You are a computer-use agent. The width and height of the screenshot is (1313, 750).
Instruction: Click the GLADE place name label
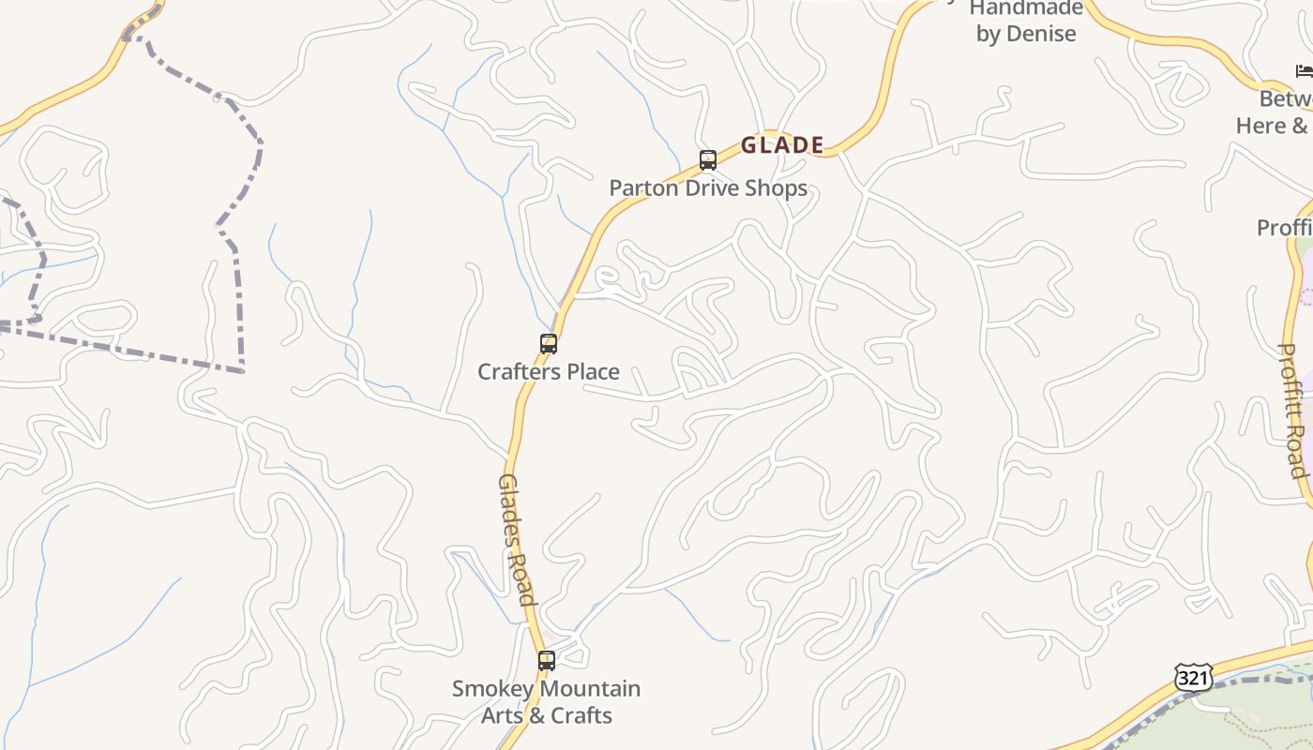tap(782, 145)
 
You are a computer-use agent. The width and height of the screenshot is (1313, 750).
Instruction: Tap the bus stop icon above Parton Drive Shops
tap(707, 160)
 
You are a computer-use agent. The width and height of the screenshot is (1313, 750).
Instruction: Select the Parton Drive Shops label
tap(708, 187)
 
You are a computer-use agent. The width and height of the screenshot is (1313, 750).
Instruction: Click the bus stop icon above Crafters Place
tap(549, 344)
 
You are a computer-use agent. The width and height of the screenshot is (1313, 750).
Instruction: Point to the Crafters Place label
tap(549, 371)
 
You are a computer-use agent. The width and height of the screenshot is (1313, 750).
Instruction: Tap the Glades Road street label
tap(516, 539)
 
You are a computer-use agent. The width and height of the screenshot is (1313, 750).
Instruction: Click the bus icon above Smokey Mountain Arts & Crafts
tap(547, 661)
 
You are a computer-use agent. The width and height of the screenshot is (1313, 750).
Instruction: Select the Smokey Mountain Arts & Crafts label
tap(547, 701)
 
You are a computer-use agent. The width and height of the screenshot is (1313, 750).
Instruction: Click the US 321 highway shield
tap(1193, 677)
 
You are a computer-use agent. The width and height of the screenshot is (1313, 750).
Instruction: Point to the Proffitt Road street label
tap(1293, 411)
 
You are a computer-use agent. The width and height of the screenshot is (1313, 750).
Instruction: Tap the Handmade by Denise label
tap(1026, 21)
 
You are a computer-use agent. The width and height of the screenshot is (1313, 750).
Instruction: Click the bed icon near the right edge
tap(1304, 70)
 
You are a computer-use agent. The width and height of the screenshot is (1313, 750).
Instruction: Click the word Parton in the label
tap(640, 187)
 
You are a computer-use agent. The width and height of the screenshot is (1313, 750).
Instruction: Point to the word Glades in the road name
tap(508, 506)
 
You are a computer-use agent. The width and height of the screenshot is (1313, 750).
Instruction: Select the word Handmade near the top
tap(1026, 8)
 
